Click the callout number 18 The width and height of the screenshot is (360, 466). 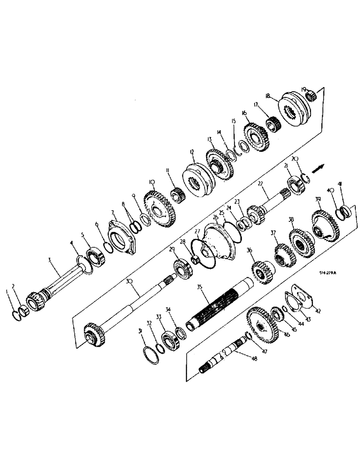268,96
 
